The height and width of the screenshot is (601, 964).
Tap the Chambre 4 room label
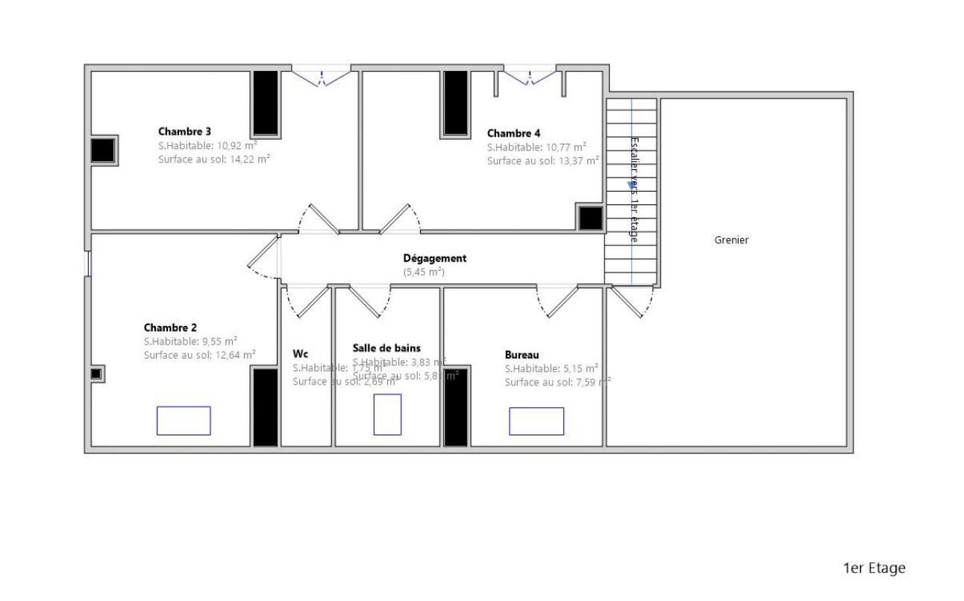[513, 133]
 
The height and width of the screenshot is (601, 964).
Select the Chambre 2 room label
[170, 327]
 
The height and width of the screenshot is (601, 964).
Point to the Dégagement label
[435, 258]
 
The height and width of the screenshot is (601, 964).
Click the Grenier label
[731, 240]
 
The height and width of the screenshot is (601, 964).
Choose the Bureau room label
[522, 355]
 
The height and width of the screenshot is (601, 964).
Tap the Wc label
[300, 353]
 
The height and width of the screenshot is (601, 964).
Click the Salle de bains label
[386, 347]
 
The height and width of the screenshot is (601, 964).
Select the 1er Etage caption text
[874, 568]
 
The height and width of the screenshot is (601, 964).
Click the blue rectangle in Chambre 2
[184, 421]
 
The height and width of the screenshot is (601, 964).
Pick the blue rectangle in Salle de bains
[387, 415]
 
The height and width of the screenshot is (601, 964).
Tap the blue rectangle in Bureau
[536, 421]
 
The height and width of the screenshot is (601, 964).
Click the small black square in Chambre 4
[590, 218]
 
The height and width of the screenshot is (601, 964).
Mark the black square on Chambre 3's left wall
[102, 151]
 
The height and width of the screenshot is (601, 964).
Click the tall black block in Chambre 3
[265, 104]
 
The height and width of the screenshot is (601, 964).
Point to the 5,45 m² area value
[424, 272]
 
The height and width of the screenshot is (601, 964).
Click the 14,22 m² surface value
[247, 159]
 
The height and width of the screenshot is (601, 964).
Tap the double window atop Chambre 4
[529, 75]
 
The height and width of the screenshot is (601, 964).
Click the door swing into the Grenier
[633, 302]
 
